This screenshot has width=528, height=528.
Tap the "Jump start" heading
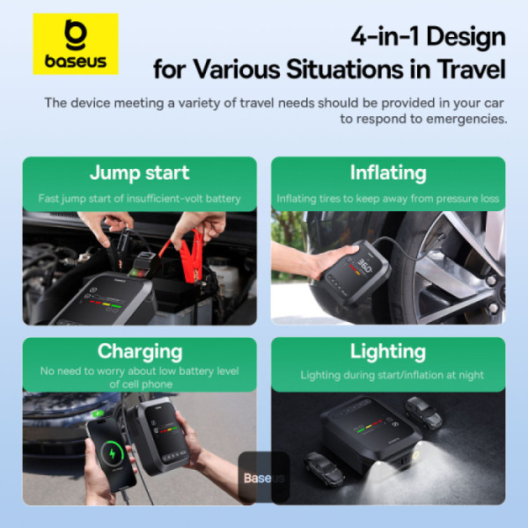coord(139,172)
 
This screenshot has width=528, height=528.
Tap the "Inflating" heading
coord(387,172)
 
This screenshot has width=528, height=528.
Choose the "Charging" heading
coord(139,351)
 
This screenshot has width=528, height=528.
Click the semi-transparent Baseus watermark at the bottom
coord(264,478)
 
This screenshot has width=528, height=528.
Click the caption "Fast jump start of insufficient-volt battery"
coord(139,199)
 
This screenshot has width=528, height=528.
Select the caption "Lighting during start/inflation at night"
coord(392,375)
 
